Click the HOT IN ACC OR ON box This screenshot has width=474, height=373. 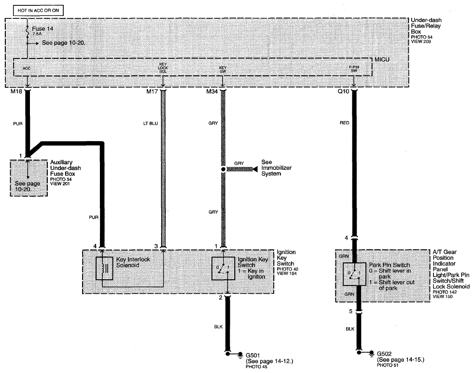click(38, 11)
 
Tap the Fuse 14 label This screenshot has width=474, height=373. click(42, 29)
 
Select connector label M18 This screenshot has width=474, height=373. click(16, 91)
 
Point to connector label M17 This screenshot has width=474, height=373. click(152, 91)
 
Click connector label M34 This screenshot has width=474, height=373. click(212, 91)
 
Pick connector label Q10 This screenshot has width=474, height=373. click(343, 91)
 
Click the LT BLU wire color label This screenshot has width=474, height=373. click(151, 123)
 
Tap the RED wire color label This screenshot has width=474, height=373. click(344, 123)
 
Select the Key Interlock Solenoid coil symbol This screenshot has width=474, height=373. click(104, 268)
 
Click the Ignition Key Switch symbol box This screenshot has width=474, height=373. click(223, 268)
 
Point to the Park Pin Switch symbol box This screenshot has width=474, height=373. click(355, 274)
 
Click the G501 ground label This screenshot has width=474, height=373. click(253, 355)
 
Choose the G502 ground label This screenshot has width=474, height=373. click(384, 354)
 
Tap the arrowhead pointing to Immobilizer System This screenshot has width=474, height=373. click(257, 169)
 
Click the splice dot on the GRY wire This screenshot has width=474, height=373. click(223, 170)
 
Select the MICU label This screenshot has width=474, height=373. click(382, 59)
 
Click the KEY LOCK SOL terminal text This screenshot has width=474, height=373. click(163, 68)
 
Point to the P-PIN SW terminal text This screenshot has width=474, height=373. click(354, 69)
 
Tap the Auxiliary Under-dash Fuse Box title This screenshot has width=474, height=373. click(65, 168)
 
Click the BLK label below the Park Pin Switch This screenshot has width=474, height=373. click(350, 329)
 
